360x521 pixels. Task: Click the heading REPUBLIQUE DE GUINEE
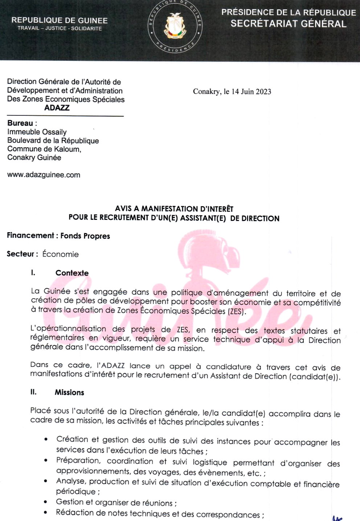60,20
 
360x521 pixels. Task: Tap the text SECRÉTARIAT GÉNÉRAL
289,24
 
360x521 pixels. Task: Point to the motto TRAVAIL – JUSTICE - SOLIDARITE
60,28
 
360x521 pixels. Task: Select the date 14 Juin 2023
251,91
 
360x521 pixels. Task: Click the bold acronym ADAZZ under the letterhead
57,108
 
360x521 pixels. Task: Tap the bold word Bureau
20,123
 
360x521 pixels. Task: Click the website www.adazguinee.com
44,175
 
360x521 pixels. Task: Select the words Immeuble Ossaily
37,132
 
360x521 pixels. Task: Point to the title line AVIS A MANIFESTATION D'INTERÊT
174,209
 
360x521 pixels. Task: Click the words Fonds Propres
85,236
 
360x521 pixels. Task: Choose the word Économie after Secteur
60,254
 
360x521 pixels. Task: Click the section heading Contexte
72,273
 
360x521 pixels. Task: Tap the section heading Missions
69,392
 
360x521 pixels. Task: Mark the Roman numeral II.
33,392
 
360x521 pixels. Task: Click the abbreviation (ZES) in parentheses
236,311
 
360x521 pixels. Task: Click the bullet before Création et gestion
46,440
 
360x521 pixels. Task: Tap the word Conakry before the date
206,91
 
